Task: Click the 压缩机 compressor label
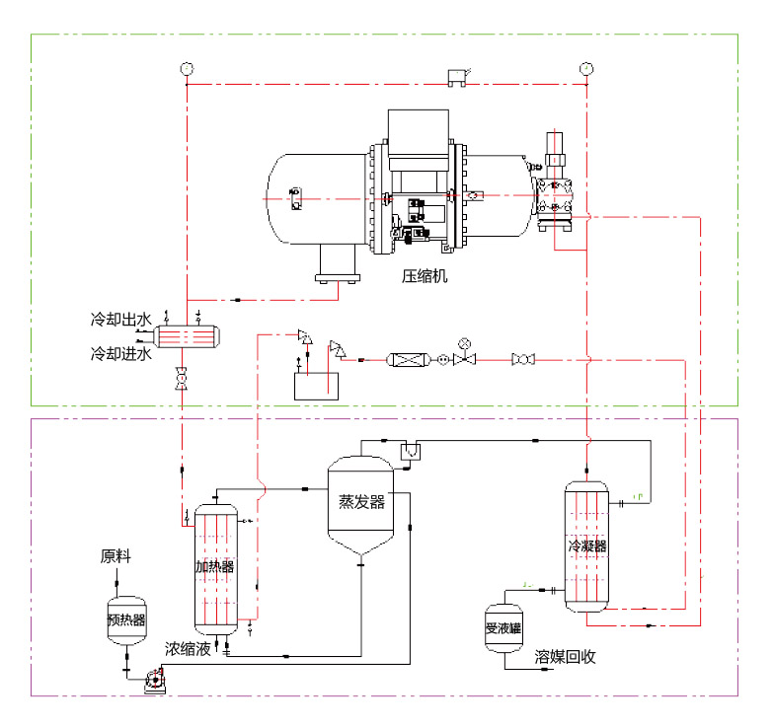425,277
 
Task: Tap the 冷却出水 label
120,320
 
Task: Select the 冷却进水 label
120,352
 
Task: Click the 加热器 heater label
214,566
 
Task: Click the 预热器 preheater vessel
126,620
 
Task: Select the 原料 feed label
116,556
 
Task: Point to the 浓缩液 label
187,649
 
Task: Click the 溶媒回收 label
565,656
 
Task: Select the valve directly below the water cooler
182,378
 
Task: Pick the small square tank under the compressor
315,382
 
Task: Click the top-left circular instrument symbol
187,68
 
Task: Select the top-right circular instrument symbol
585,68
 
